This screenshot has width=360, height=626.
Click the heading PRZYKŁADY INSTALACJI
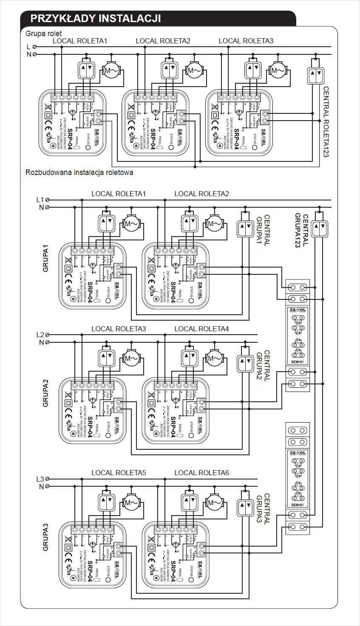click(x=96, y=19)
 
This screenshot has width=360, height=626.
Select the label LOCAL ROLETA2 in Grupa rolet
click(x=163, y=41)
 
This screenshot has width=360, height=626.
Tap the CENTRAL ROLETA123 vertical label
click(x=326, y=122)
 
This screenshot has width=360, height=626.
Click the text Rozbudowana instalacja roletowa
click(x=79, y=172)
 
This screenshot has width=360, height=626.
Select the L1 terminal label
click(x=40, y=200)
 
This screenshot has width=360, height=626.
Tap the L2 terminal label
click(x=40, y=335)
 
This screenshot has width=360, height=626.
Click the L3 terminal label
click(x=40, y=479)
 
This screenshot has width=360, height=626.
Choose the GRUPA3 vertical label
click(x=45, y=537)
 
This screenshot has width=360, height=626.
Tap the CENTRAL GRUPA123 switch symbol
click(x=319, y=228)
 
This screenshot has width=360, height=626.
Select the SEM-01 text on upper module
click(x=298, y=362)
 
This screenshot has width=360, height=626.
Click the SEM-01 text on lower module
click(x=298, y=505)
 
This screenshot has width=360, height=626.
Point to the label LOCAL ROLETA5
click(x=119, y=473)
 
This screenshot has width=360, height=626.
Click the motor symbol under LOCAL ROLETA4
click(x=214, y=359)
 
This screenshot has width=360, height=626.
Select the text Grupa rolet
click(x=43, y=34)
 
